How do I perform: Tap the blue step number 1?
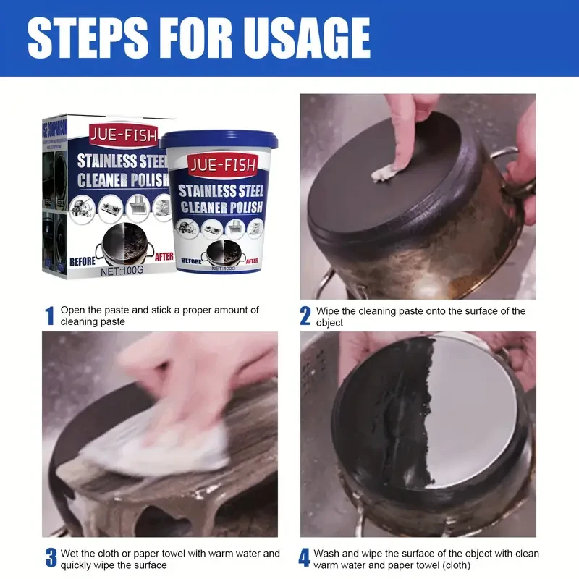tap(50, 316)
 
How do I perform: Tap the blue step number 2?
tap(305, 316)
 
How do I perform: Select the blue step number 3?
tap(51, 558)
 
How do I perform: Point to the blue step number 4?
tap(305, 558)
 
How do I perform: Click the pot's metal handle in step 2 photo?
tap(510, 174)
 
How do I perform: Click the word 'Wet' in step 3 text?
tap(70, 554)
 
